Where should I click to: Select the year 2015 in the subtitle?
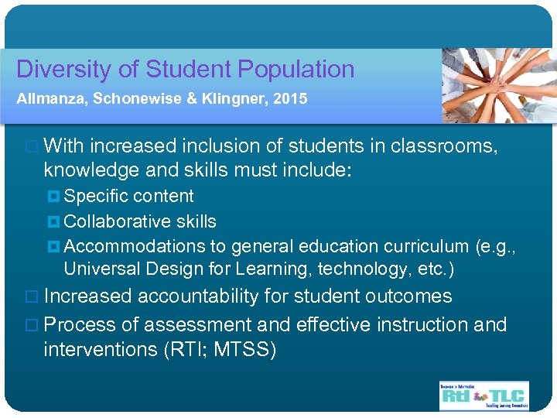click(x=291, y=99)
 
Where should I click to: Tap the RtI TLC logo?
click(x=484, y=395)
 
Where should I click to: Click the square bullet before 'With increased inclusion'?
click(x=32, y=146)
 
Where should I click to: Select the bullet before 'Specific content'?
click(x=53, y=197)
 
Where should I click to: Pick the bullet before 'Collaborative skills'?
click(x=53, y=221)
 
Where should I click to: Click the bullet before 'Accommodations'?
click(x=53, y=246)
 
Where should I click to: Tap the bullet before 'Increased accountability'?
click(x=32, y=296)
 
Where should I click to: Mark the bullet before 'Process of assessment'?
click(x=32, y=324)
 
